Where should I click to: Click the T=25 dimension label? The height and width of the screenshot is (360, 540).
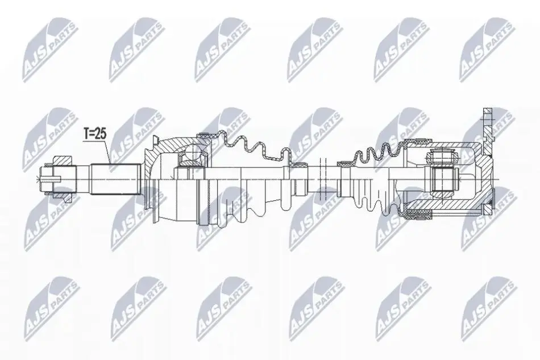pyautogui.click(x=95, y=134)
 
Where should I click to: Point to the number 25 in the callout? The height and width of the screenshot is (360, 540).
pyautogui.click(x=101, y=134)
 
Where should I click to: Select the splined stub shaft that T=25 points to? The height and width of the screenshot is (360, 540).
pyautogui.click(x=116, y=180)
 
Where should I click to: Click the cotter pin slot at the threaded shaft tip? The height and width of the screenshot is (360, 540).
pyautogui.click(x=51, y=179)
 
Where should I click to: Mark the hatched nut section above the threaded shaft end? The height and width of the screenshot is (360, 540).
pyautogui.click(x=63, y=160)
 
